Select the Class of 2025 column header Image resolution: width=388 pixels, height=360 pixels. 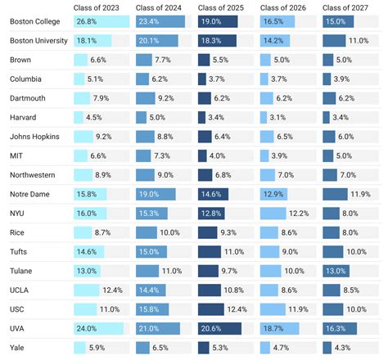point(221,8)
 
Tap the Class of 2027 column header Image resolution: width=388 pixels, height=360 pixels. point(345,8)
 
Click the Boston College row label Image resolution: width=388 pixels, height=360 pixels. point(34,22)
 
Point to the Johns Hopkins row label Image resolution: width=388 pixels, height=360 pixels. point(34,137)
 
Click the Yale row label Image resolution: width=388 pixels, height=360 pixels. point(17,348)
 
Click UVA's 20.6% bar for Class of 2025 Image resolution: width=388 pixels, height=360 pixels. point(219,328)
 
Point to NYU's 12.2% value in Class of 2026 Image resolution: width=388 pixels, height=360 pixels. point(299,213)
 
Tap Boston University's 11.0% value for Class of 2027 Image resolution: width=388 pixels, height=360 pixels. point(359,41)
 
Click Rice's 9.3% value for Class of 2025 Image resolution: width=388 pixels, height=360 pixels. point(229,232)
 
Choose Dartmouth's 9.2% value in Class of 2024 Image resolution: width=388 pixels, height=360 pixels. point(166,98)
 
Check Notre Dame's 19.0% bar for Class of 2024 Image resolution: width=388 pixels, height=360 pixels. point(155,194)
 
